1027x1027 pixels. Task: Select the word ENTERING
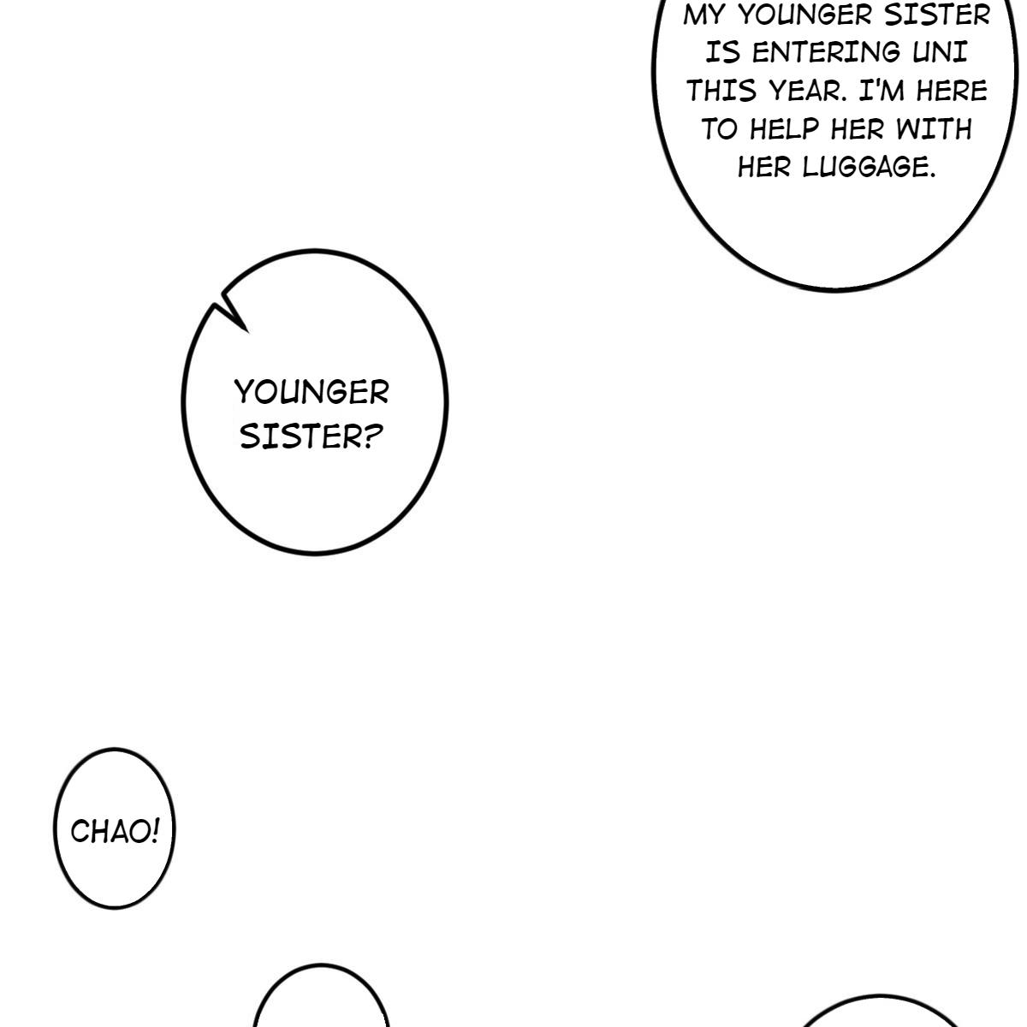(x=826, y=52)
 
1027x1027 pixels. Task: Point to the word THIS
(x=721, y=91)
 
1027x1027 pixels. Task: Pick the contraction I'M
(x=882, y=91)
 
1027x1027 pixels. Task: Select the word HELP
(x=784, y=129)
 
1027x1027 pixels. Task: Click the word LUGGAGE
(x=870, y=168)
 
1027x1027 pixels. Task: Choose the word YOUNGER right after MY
(x=805, y=15)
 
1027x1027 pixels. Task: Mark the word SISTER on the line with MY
(x=937, y=15)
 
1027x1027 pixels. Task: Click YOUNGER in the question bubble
(x=312, y=392)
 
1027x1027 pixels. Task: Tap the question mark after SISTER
(x=375, y=437)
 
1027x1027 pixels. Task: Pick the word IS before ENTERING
(x=722, y=52)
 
